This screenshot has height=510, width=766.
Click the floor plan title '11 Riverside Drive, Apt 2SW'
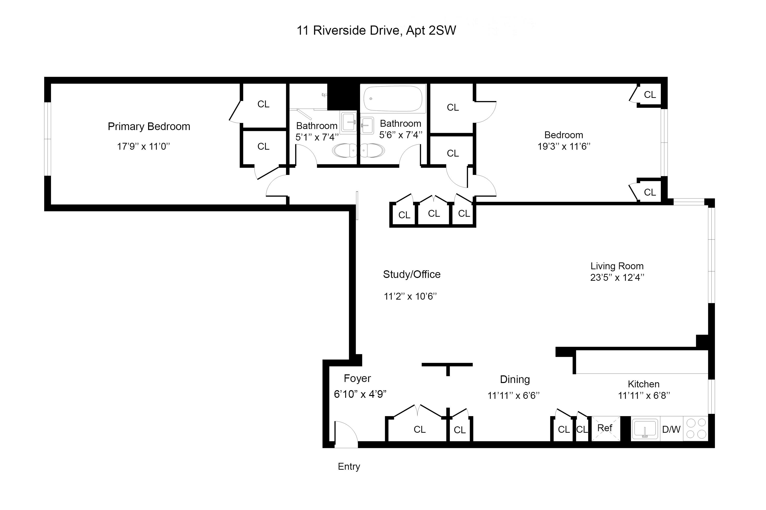(376, 31)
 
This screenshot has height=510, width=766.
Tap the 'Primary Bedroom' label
(149, 126)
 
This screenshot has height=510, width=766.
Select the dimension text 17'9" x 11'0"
(143, 146)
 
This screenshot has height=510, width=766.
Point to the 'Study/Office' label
(412, 274)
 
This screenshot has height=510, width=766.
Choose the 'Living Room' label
(617, 266)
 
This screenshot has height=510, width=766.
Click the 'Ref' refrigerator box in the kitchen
(605, 428)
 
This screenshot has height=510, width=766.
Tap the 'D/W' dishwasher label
(671, 429)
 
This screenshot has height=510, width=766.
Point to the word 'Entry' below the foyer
(349, 467)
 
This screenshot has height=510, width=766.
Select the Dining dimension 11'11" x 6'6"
(513, 396)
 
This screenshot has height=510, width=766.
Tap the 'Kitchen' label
(643, 384)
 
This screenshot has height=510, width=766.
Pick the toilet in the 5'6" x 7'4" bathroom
(372, 151)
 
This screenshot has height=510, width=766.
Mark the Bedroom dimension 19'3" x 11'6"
(564, 146)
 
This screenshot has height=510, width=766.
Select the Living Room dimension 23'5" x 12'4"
(617, 277)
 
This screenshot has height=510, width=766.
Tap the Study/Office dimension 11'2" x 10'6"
(410, 296)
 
